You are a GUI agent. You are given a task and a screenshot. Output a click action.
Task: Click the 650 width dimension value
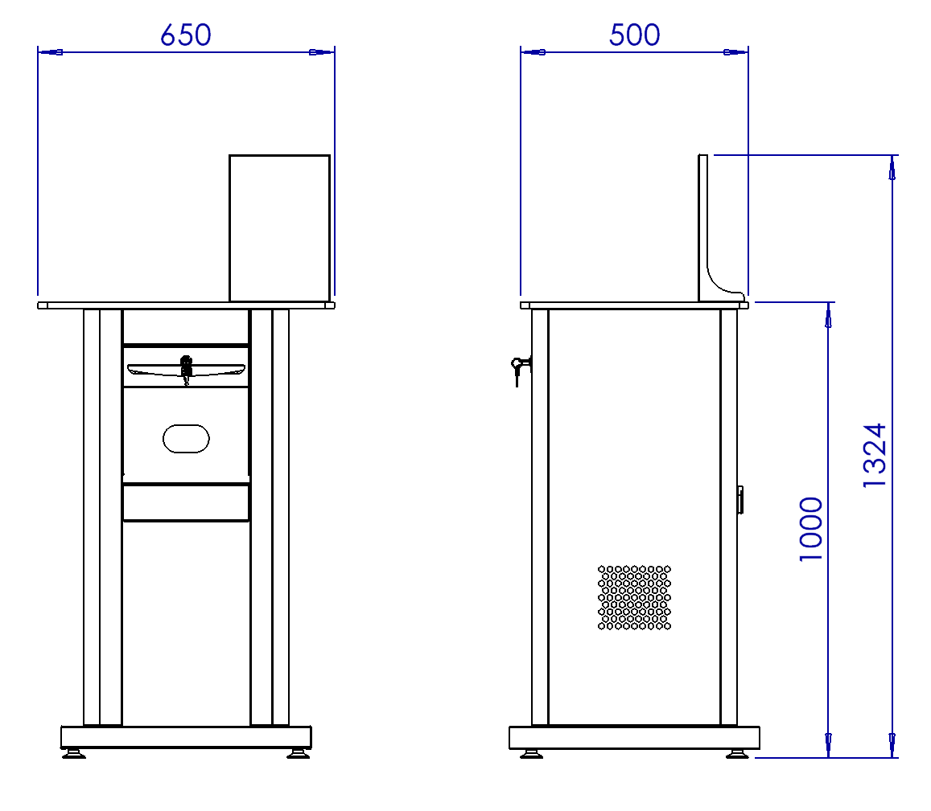(x=186, y=35)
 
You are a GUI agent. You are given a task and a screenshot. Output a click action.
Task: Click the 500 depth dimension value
(x=635, y=35)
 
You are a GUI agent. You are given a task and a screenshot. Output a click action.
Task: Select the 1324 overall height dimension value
(x=875, y=455)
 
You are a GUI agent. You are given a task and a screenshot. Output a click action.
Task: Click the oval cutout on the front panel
(x=186, y=438)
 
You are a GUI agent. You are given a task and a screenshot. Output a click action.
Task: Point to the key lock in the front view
(x=187, y=369)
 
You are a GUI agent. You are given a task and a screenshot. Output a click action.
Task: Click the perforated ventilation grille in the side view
(x=634, y=597)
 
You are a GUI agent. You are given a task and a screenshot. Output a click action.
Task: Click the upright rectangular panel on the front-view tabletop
(x=280, y=228)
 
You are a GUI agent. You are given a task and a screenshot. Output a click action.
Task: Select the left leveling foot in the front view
(x=73, y=753)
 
